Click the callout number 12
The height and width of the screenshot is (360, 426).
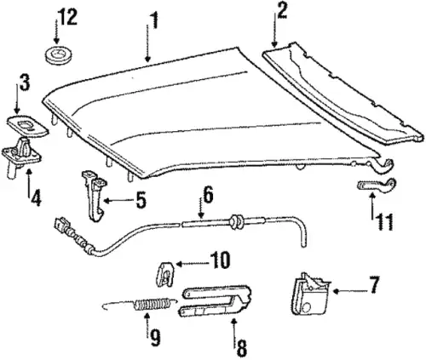click(67, 17)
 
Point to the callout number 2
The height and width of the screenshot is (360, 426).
click(281, 10)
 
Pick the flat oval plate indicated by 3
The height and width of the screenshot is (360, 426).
click(27, 125)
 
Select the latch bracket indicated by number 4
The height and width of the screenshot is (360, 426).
click(21, 157)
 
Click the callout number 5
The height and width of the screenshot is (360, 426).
click(140, 200)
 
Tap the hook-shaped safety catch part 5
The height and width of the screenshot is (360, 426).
click(95, 195)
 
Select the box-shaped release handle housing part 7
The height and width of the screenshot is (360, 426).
click(310, 294)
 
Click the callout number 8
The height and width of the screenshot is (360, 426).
click(241, 348)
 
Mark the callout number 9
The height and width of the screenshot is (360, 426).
click(155, 337)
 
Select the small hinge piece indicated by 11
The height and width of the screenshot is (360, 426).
click(377, 186)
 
